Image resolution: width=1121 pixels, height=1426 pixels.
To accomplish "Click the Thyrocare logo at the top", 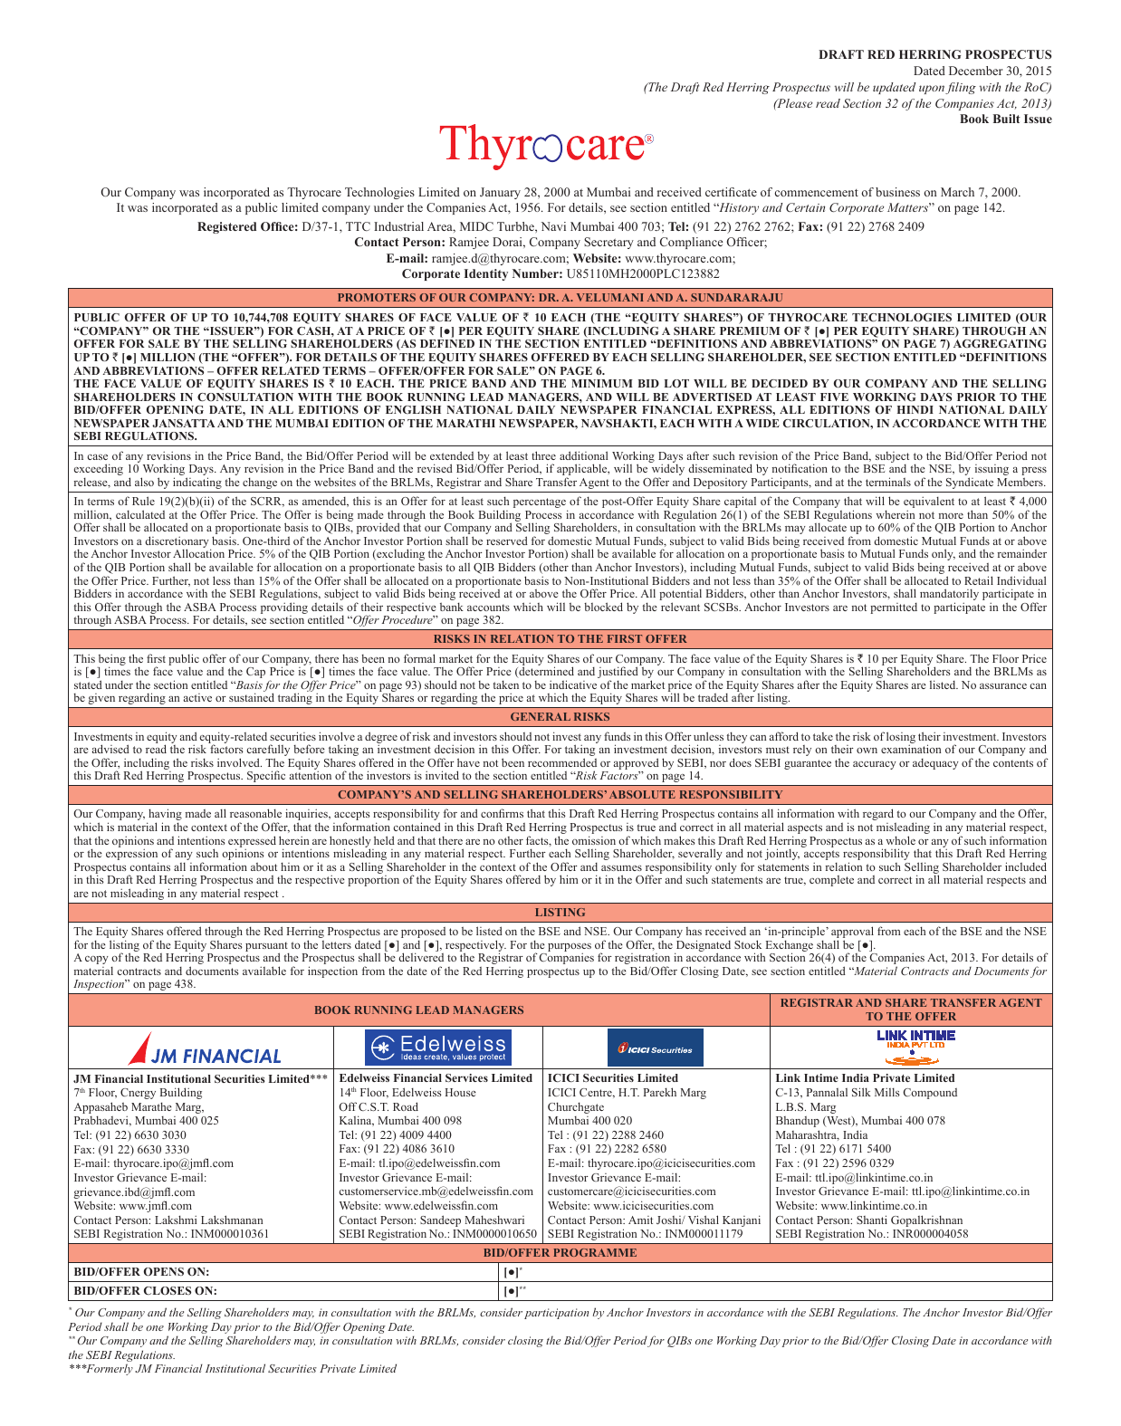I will click(546, 146).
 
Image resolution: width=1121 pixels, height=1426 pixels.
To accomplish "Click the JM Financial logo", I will click(205, 1048).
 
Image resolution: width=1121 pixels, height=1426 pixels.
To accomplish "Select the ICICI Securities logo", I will click(655, 1048).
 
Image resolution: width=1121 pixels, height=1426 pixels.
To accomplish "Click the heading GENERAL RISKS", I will click(560, 717).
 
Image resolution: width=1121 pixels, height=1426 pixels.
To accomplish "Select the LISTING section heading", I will click(560, 913).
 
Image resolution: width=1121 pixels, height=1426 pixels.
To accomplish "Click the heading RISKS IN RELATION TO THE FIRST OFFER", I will click(560, 639).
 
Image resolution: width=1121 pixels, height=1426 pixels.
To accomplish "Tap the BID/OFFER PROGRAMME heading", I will click(560, 1253).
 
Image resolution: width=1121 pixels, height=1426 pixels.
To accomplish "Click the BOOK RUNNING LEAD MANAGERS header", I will click(418, 1010).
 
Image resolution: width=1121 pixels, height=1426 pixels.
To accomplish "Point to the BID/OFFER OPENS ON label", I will click(141, 1272).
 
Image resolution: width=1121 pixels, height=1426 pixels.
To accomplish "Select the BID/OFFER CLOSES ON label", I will click(145, 1291).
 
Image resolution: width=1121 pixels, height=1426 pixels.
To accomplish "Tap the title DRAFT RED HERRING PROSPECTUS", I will click(934, 54).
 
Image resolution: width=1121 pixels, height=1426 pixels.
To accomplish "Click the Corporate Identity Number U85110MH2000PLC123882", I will click(642, 274).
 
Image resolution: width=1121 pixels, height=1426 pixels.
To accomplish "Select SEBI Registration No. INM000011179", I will click(645, 1234).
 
